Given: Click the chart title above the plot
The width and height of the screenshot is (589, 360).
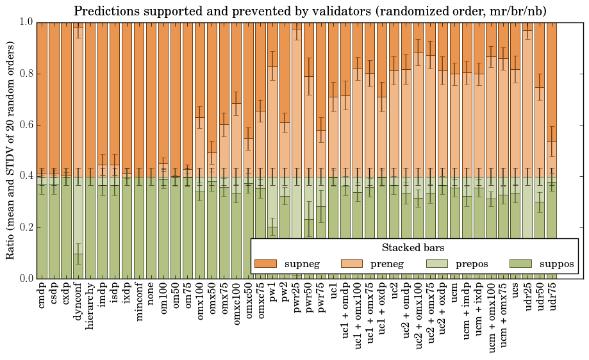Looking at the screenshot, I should pos(310,12).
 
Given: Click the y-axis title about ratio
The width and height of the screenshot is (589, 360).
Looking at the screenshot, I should pos(11,150).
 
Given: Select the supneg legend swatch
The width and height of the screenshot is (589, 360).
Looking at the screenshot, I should pos(265,263).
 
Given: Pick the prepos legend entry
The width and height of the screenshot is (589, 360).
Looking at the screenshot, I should pos(472,263).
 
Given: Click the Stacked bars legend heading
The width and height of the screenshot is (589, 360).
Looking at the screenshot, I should pos(413,247).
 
